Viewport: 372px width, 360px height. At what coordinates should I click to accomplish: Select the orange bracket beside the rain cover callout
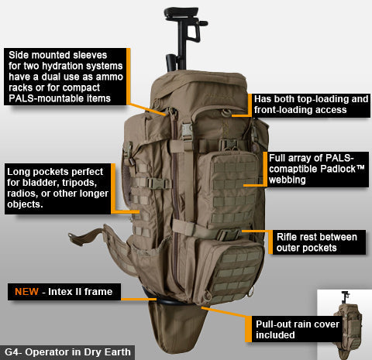tap(250, 328)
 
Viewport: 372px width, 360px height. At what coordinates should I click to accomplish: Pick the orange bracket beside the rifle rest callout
tap(272, 241)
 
